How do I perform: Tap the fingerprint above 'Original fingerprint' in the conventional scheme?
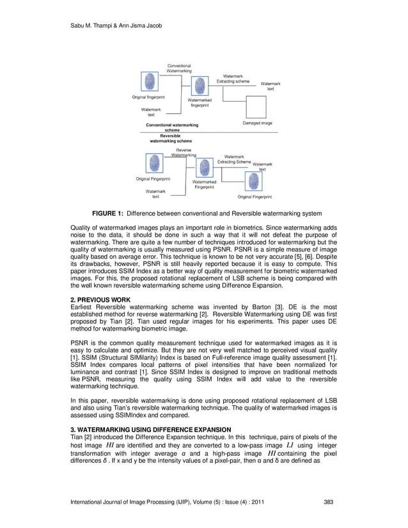click(150, 82)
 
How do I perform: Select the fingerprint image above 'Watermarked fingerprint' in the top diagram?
click(200, 86)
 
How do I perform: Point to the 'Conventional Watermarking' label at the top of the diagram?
click(179, 68)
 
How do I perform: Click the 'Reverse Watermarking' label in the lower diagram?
click(184, 152)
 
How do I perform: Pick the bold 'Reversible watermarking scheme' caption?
click(170, 138)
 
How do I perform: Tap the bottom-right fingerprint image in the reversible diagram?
click(254, 183)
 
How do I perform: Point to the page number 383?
click(329, 502)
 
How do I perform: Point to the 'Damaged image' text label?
click(257, 123)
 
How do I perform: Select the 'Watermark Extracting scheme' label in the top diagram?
click(233, 79)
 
